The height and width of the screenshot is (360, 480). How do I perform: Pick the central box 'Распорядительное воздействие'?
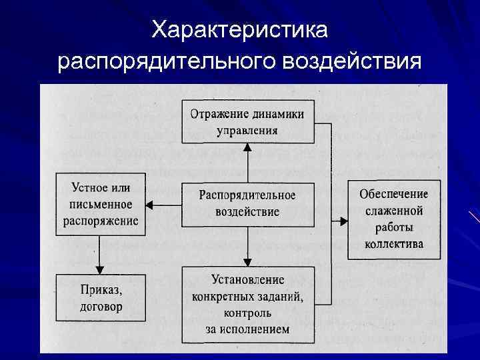pos(247,203)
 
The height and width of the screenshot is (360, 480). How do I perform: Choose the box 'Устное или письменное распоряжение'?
pos(101,204)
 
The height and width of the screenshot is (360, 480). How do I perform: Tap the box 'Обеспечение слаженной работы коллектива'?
pos(394,219)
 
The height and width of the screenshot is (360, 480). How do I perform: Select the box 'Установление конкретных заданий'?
pos(247,304)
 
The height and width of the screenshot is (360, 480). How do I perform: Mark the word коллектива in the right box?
pos(394,244)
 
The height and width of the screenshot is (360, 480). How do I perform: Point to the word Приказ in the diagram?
pos(101,290)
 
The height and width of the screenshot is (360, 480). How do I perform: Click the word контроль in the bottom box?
pos(247,313)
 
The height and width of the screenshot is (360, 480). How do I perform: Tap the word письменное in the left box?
pos(101,204)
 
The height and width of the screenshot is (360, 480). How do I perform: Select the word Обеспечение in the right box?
pos(394,195)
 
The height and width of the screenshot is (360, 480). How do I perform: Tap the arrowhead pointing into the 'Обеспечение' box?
pos(343,219)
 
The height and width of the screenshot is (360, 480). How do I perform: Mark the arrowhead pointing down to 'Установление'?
pos(247,261)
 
